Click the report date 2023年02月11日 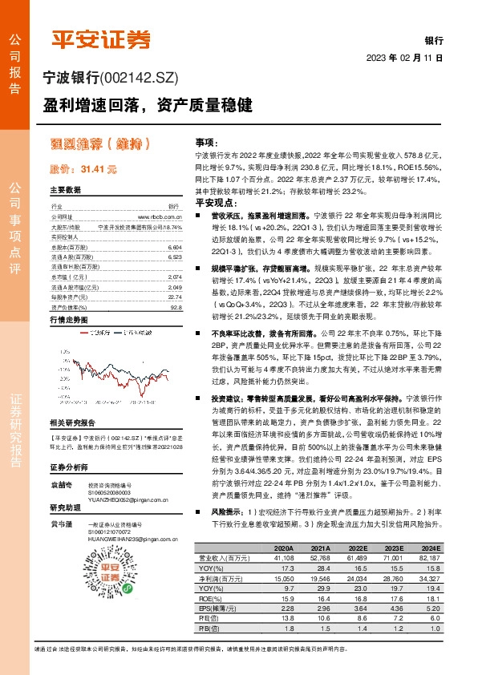(404, 59)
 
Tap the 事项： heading (209, 139)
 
